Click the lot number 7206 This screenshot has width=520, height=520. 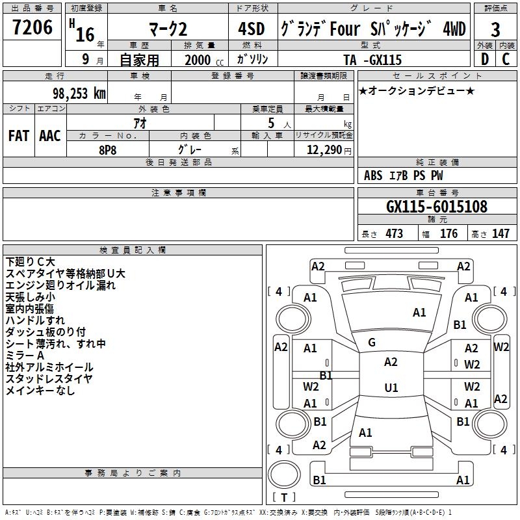click(32, 27)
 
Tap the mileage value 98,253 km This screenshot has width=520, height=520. click(79, 94)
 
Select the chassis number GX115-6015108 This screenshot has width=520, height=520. click(437, 206)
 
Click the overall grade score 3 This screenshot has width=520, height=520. click(495, 30)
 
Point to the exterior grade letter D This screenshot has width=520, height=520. click(484, 59)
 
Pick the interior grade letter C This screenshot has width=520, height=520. click(506, 59)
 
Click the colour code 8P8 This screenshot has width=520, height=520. click(107, 150)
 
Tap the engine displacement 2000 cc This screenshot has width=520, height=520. click(204, 60)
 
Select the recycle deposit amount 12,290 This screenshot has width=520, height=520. click(324, 149)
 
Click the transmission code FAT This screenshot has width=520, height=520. click(19, 136)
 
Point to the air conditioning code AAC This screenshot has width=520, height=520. click(50, 136)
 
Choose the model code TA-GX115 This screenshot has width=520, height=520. click(372, 60)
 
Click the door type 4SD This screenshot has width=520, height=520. click(252, 29)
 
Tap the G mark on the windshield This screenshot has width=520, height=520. click(372, 343)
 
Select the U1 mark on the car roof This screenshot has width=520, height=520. click(391, 387)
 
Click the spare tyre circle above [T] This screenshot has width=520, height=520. click(284, 474)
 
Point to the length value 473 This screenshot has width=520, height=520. click(394, 233)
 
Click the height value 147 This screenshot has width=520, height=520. click(500, 233)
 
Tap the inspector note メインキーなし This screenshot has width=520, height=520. click(40, 391)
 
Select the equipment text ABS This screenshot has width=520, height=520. click(373, 175)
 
